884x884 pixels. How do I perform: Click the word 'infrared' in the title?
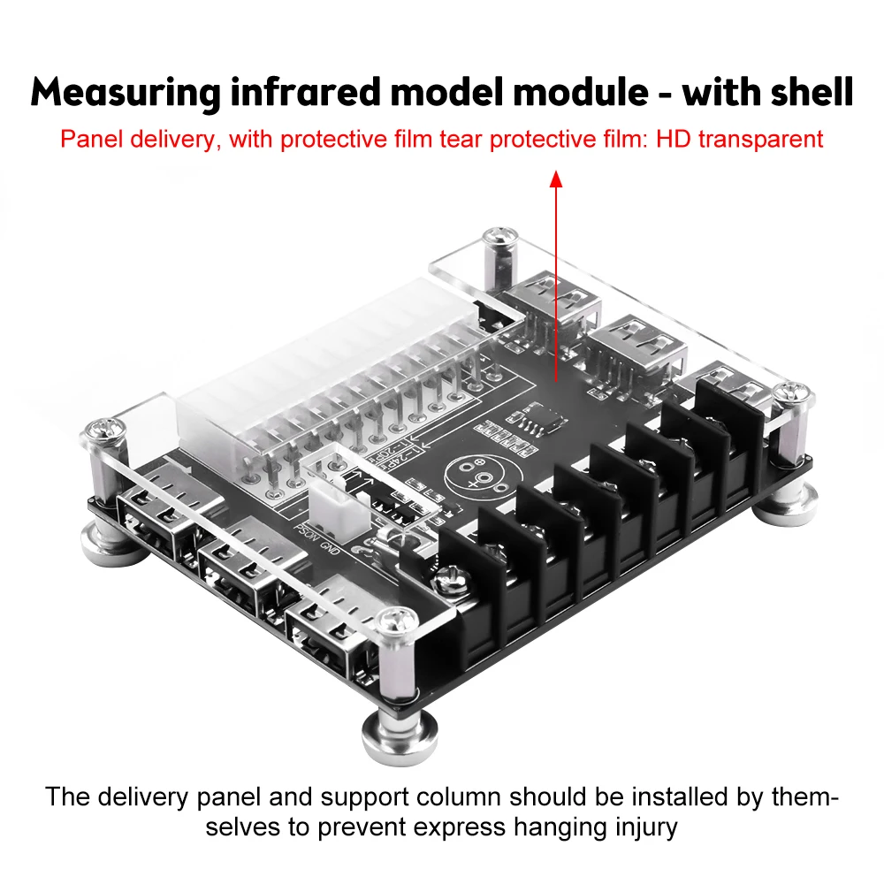click(301, 93)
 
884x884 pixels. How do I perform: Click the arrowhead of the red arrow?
click(556, 179)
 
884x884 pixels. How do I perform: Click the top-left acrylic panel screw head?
click(498, 240)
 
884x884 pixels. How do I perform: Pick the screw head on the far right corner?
click(794, 395)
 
